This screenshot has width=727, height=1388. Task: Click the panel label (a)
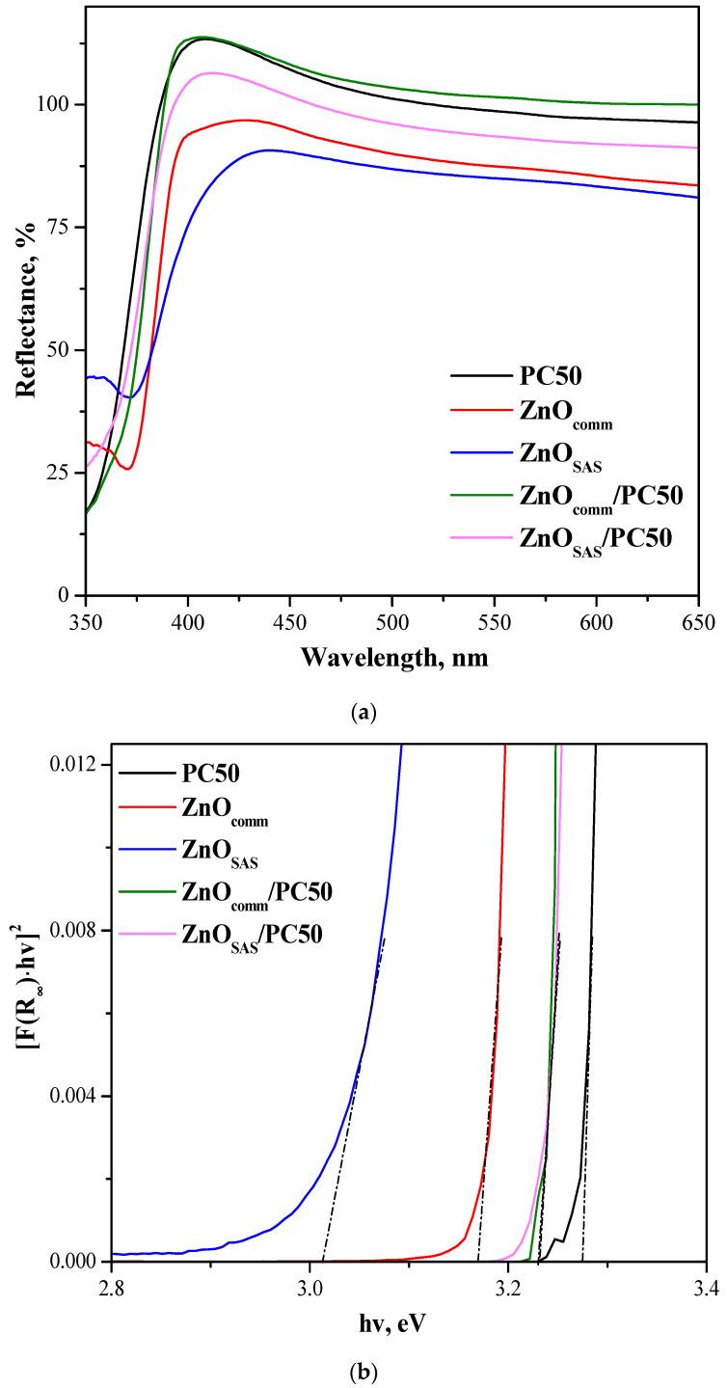pos(363,713)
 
